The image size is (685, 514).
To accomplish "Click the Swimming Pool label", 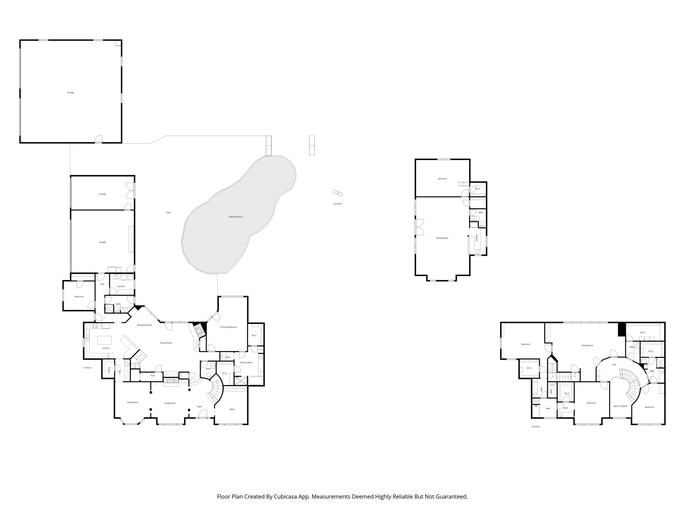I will click(x=235, y=217).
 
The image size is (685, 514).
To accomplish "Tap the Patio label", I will click(x=169, y=213).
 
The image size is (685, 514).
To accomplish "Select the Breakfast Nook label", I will click(x=144, y=325).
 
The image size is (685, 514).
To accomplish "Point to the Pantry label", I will click(x=109, y=369).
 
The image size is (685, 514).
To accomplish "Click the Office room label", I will click(x=232, y=409).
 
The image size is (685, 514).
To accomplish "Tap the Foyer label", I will click(x=199, y=407).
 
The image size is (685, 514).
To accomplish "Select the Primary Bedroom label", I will click(x=228, y=327).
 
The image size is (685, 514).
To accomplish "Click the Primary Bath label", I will click(x=246, y=362).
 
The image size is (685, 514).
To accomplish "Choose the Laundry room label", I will click(x=121, y=286).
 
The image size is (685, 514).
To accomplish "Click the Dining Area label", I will click(x=132, y=402).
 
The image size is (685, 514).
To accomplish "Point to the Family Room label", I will click(x=166, y=343).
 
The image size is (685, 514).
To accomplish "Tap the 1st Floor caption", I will click(x=87, y=368).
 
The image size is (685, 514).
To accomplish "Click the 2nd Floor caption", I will click(x=337, y=204).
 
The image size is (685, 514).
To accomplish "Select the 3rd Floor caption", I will click(x=535, y=427).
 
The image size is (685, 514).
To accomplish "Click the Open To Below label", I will click(x=620, y=406).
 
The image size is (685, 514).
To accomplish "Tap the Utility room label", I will click(x=631, y=347).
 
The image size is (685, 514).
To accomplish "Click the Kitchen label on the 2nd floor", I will click(x=477, y=237).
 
